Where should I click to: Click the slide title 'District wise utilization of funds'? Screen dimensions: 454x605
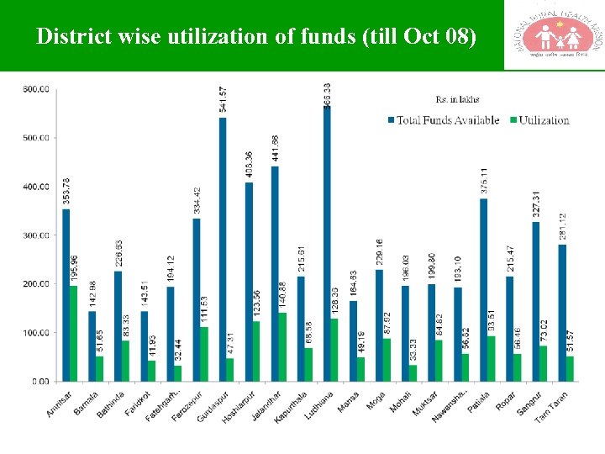coord(256,37)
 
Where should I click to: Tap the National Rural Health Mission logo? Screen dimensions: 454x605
coord(553,35)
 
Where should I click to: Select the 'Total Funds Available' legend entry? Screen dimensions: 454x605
coord(443,120)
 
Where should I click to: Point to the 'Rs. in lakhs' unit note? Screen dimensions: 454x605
coord(457,100)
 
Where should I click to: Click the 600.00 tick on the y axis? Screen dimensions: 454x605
coord(35,88)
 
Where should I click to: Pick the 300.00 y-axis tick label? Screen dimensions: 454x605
coord(35,235)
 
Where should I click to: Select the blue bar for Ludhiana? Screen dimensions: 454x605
coord(326,244)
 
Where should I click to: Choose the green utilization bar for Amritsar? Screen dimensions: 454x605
coord(74,334)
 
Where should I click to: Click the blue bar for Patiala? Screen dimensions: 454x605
coord(483,290)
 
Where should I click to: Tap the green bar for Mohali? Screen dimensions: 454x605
coord(413,373)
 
